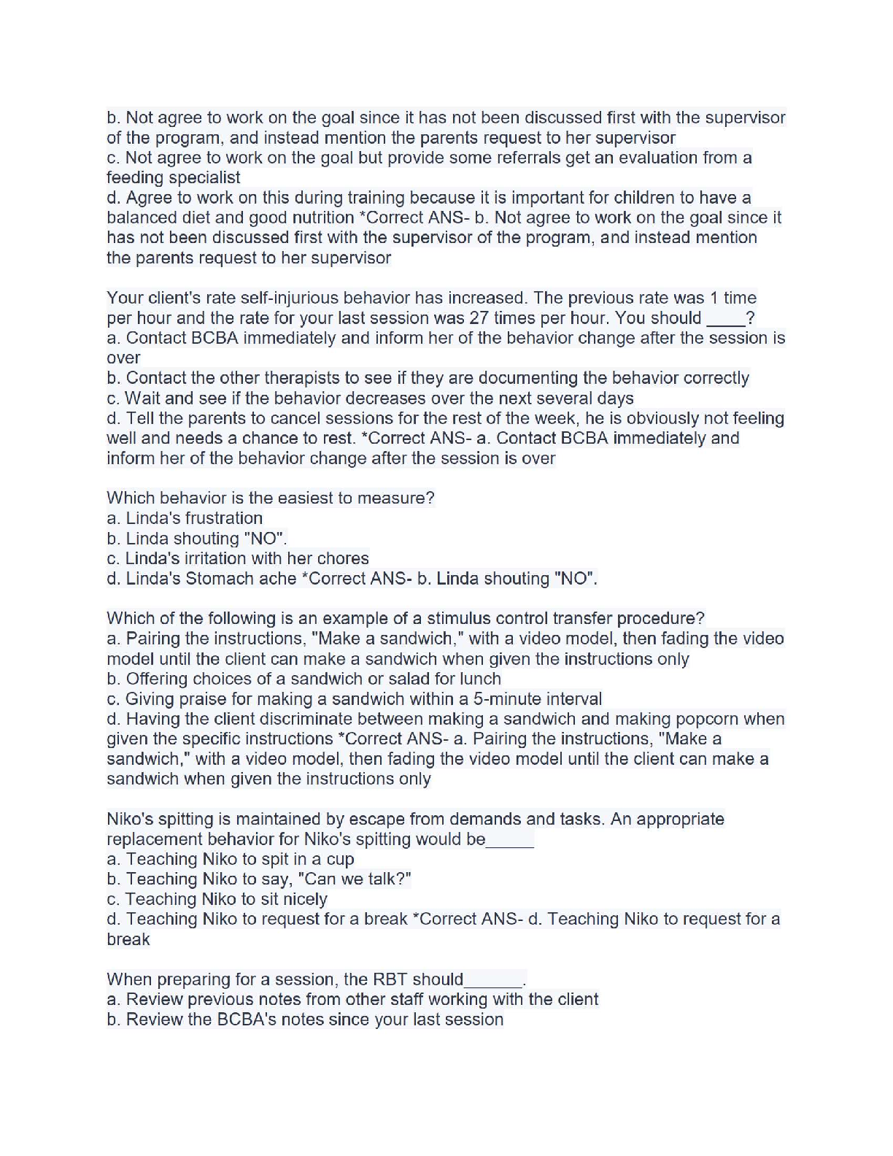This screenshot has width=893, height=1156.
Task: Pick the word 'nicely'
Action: coord(302,899)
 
